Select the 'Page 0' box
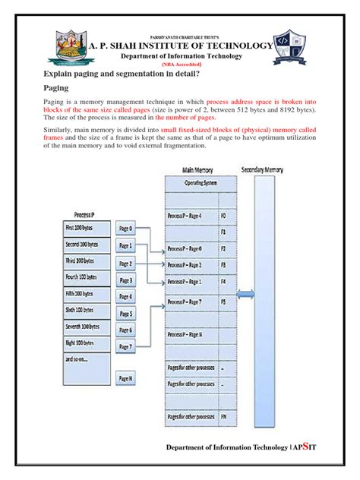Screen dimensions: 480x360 (x=125, y=228)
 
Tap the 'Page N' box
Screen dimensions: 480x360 (x=125, y=377)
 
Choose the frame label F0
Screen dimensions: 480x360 (x=223, y=216)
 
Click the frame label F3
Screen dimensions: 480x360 (x=223, y=265)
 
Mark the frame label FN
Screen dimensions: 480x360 (x=223, y=418)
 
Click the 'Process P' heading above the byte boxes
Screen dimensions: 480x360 (x=84, y=214)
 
